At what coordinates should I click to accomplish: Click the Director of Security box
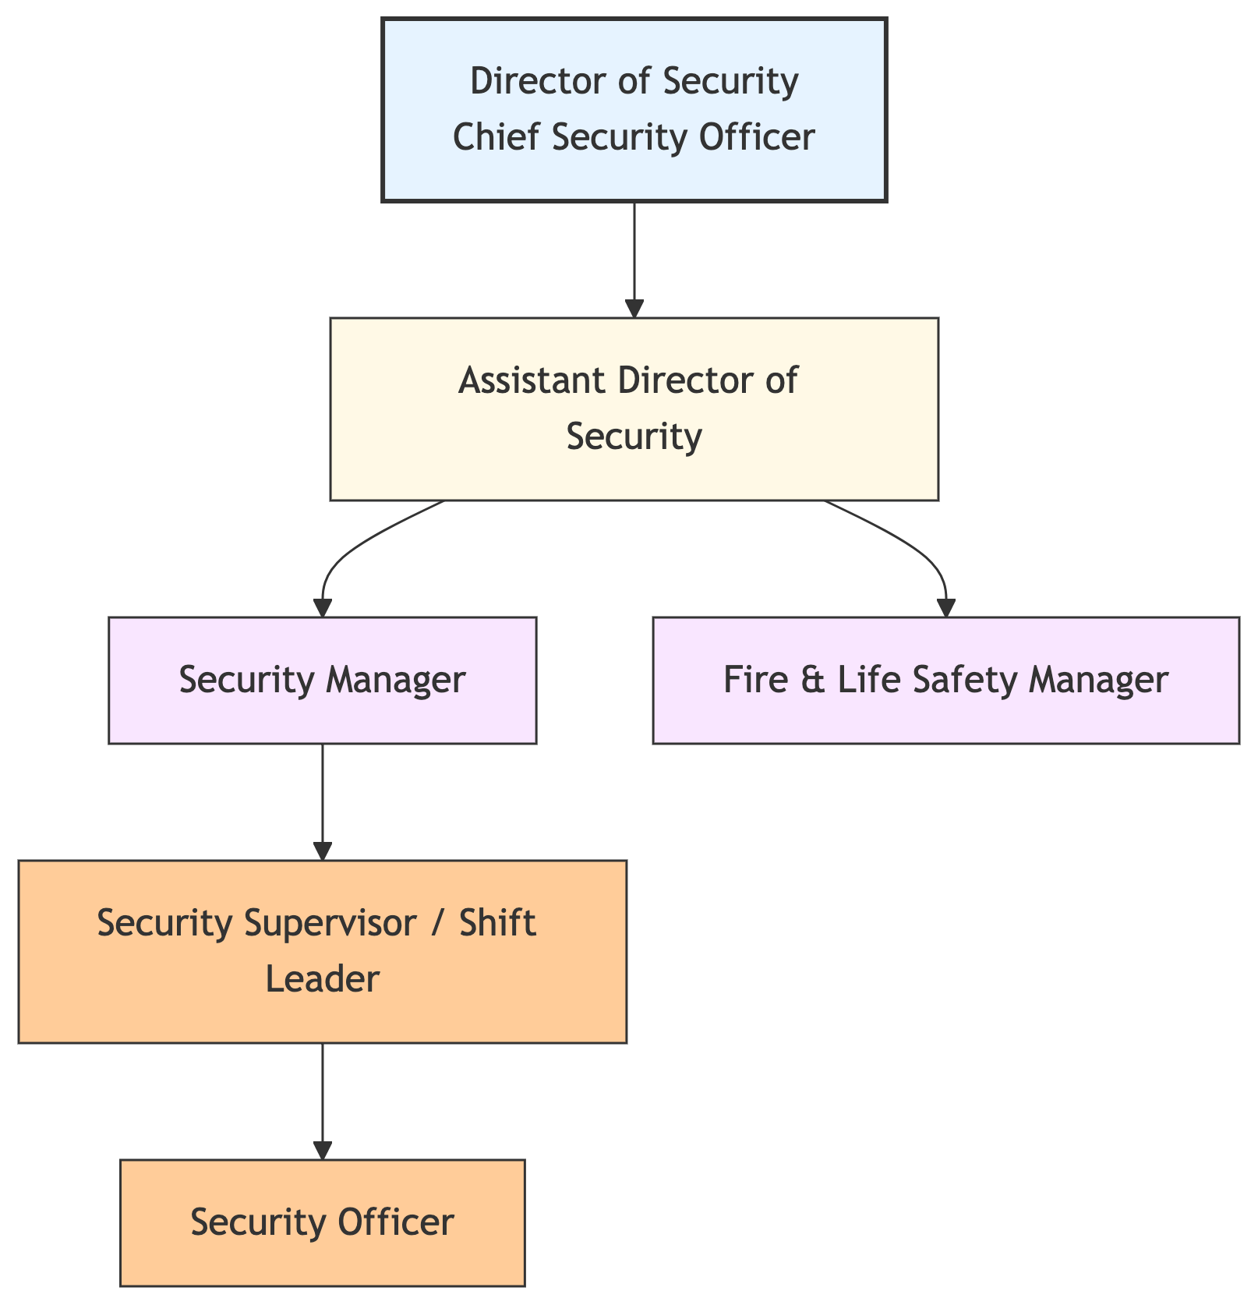(x=634, y=110)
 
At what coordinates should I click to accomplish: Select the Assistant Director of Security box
(x=634, y=408)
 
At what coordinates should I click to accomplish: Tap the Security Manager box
(x=322, y=680)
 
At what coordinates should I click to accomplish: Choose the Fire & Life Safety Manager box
(x=945, y=680)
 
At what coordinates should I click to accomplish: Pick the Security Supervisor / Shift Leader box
(x=322, y=951)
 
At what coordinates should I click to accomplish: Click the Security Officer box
(x=322, y=1222)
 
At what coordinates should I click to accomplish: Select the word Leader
(x=322, y=979)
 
